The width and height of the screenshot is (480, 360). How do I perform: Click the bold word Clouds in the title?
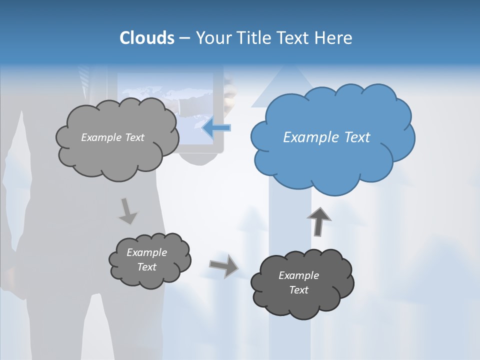(x=146, y=38)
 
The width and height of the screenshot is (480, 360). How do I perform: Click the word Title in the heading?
(x=255, y=38)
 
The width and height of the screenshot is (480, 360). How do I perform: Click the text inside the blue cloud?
(x=326, y=137)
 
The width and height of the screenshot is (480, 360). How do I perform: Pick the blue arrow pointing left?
(x=216, y=127)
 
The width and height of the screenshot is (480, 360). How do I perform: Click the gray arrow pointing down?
(x=127, y=210)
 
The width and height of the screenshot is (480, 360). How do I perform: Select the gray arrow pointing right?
(x=223, y=266)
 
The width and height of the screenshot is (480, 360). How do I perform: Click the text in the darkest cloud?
(x=298, y=282)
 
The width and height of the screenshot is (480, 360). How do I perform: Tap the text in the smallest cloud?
(x=146, y=259)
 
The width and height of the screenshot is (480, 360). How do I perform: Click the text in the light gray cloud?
(x=112, y=137)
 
